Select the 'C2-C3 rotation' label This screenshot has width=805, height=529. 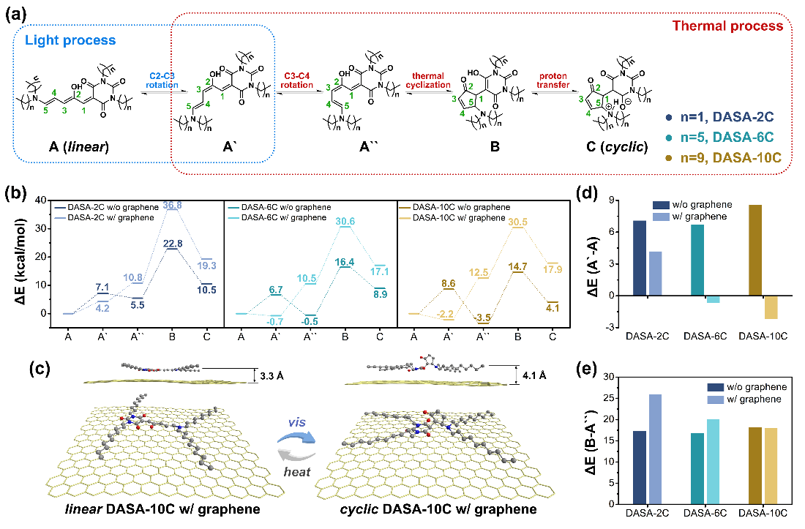pos(162,79)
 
